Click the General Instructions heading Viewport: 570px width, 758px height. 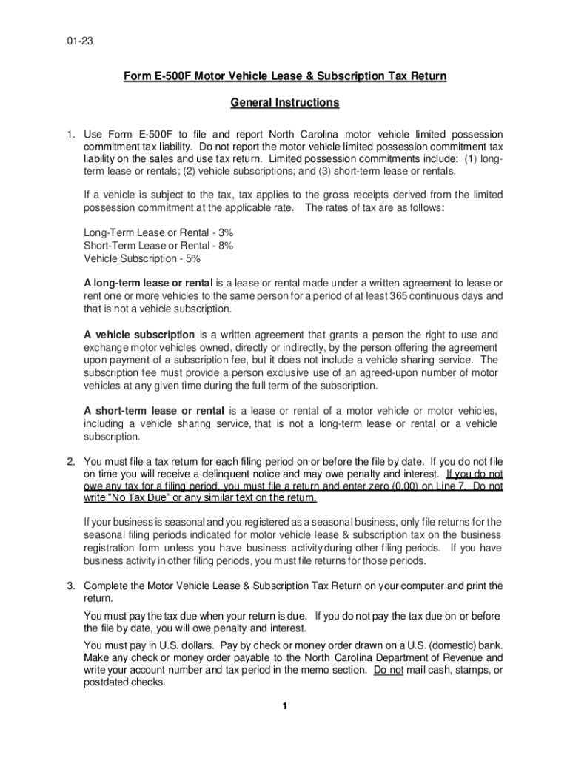point(284,103)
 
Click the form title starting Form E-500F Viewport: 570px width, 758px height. point(284,77)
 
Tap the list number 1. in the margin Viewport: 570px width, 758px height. point(71,135)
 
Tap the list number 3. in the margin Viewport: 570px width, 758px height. point(71,586)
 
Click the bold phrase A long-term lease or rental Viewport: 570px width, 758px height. point(149,284)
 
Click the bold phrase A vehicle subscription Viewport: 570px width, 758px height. point(140,335)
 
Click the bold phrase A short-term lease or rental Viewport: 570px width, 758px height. point(155,411)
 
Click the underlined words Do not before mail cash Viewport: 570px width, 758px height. point(389,670)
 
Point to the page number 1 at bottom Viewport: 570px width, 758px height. point(284,706)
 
